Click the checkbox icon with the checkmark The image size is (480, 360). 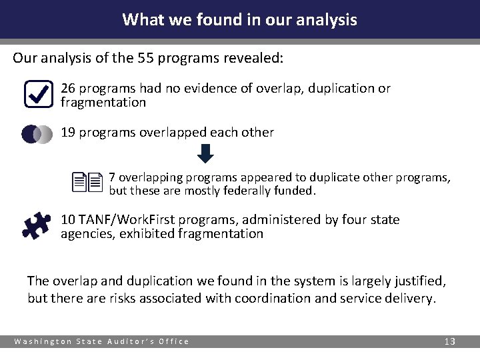[38, 94]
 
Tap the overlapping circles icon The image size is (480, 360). [37, 134]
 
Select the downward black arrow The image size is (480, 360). [206, 153]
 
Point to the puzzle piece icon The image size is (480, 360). [37, 225]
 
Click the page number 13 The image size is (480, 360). [449, 341]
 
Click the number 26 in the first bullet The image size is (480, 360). [68, 88]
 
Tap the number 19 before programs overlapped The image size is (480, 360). [68, 132]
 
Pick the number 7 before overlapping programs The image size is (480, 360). [113, 177]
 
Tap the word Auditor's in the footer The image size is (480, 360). [135, 341]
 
